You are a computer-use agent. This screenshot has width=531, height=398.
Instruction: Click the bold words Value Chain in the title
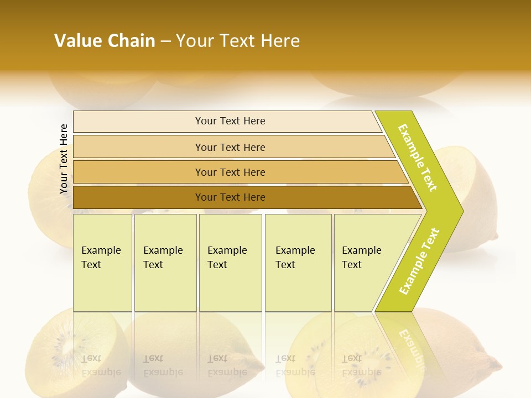[105, 41]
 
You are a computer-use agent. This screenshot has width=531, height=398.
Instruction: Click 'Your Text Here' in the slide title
[238, 41]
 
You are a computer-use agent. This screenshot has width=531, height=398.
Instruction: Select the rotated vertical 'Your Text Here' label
[64, 159]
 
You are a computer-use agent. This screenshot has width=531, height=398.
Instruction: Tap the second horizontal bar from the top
[230, 147]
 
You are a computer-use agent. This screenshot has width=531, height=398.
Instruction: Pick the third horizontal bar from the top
[230, 172]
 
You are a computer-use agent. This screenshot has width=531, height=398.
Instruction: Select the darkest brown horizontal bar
[230, 197]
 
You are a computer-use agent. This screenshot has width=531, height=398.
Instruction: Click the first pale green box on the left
[102, 263]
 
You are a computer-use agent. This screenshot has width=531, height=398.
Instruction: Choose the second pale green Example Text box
[165, 263]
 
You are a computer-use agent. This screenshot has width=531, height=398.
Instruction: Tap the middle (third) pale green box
[230, 263]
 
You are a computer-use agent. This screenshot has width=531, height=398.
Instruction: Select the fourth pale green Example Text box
[298, 263]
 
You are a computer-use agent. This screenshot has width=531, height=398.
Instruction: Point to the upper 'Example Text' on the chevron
[418, 158]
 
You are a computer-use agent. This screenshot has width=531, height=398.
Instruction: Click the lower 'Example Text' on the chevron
[419, 261]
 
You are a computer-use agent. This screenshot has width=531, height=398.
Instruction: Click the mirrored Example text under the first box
[101, 365]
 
